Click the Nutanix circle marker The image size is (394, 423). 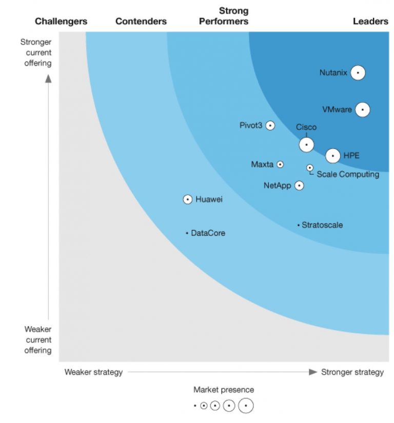pyautogui.click(x=358, y=73)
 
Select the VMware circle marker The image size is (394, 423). pyautogui.click(x=362, y=109)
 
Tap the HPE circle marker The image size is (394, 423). pyautogui.click(x=333, y=155)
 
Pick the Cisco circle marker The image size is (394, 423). pyautogui.click(x=306, y=145)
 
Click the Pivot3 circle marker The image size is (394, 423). pyautogui.click(x=270, y=126)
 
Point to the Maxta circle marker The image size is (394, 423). pyautogui.click(x=280, y=165)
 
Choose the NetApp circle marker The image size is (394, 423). pyautogui.click(x=299, y=186)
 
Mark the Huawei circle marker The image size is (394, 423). pyautogui.click(x=188, y=199)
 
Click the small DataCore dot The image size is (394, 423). pyautogui.click(x=187, y=233)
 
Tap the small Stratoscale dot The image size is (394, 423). pyautogui.click(x=298, y=225)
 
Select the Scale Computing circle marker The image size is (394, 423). pyautogui.click(x=310, y=168)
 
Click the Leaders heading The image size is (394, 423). pyautogui.click(x=370, y=22)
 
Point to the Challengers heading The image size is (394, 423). pyautogui.click(x=61, y=22)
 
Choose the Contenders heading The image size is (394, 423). pyautogui.click(x=141, y=22)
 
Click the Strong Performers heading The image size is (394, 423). pyautogui.click(x=224, y=16)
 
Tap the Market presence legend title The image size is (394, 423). pyautogui.click(x=224, y=390)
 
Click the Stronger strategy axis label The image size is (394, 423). pyautogui.click(x=352, y=372)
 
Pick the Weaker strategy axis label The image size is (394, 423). pyautogui.click(x=93, y=372)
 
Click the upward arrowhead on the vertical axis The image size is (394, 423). pyautogui.click(x=48, y=78)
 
